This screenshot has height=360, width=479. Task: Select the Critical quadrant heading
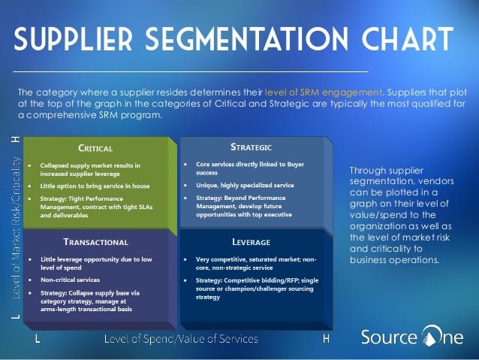pos(95,148)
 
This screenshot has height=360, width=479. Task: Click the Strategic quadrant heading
pos(251,146)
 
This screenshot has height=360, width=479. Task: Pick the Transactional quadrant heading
pos(95,242)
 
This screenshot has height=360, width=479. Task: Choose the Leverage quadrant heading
pos(251,242)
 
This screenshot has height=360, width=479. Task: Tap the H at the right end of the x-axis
pos(326,339)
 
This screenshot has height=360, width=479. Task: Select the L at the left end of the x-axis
pos(38,339)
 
